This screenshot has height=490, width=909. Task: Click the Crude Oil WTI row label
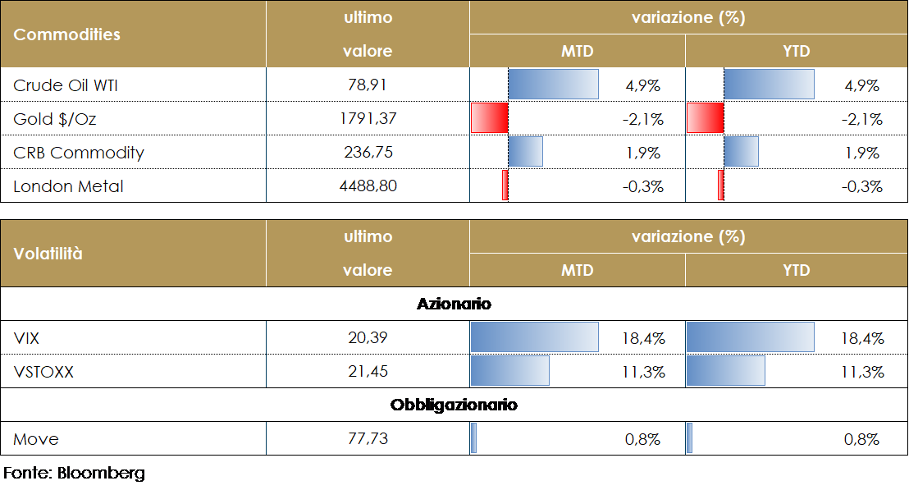click(x=67, y=85)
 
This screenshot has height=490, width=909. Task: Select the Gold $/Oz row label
click(x=54, y=119)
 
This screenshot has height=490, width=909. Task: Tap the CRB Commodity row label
click(x=79, y=153)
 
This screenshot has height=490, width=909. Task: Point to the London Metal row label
click(x=68, y=186)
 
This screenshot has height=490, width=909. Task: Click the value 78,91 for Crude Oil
click(x=368, y=85)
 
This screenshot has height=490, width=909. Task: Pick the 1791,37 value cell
click(x=368, y=119)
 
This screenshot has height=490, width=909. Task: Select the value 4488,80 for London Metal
click(x=368, y=186)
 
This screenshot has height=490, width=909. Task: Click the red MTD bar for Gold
click(x=490, y=119)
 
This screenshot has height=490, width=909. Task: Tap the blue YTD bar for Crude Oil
click(x=769, y=85)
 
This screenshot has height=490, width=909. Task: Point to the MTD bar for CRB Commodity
click(x=525, y=153)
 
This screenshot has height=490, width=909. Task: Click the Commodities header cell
click(x=67, y=34)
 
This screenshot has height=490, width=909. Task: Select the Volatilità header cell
click(x=48, y=254)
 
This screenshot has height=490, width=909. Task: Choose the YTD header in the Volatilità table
click(x=797, y=270)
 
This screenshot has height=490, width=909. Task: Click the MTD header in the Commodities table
click(x=577, y=51)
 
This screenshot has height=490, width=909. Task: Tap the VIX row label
click(x=27, y=337)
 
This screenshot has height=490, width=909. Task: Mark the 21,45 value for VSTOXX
click(x=368, y=372)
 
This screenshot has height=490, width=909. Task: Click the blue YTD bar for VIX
click(x=750, y=337)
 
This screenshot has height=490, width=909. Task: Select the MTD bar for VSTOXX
click(x=509, y=372)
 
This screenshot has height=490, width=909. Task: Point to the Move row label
click(x=36, y=439)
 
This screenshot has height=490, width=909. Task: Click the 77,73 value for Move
click(x=368, y=439)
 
